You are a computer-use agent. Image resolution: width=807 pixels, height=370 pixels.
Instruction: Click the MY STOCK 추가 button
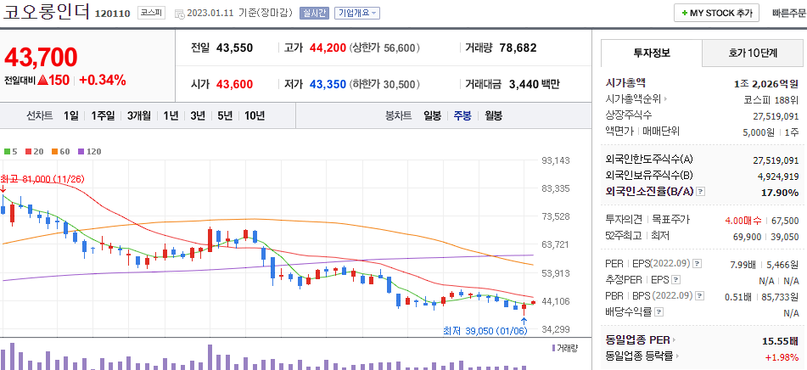pyautogui.click(x=717, y=13)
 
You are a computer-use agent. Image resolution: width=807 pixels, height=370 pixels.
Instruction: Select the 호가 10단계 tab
pyautogui.click(x=753, y=53)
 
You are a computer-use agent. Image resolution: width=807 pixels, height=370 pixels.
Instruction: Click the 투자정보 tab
pyautogui.click(x=652, y=53)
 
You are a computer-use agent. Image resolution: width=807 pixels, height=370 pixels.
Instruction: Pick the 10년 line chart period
pyautogui.click(x=254, y=115)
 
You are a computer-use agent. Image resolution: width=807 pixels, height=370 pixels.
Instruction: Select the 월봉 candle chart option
pyautogui.click(x=493, y=115)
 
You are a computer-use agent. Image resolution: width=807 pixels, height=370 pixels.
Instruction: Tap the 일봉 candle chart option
pyautogui.click(x=432, y=115)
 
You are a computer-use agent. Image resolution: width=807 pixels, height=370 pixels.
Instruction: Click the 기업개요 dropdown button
pyautogui.click(x=357, y=14)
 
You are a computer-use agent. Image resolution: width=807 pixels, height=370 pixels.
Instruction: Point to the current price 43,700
pyautogui.click(x=41, y=57)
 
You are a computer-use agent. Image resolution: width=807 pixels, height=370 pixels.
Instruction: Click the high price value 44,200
pyautogui.click(x=327, y=48)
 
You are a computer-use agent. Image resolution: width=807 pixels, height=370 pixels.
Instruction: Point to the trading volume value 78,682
pyautogui.click(x=518, y=48)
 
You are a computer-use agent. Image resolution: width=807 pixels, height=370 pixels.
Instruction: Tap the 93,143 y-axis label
pyautogui.click(x=555, y=160)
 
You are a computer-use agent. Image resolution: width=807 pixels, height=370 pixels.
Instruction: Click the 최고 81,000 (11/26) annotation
pyautogui.click(x=42, y=179)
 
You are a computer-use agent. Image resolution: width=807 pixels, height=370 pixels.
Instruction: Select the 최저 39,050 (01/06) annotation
pyautogui.click(x=484, y=330)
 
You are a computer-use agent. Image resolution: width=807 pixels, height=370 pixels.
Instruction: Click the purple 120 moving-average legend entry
pyautogui.click(x=89, y=151)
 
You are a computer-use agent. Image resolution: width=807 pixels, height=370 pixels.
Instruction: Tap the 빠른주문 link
pyautogui.click(x=789, y=14)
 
